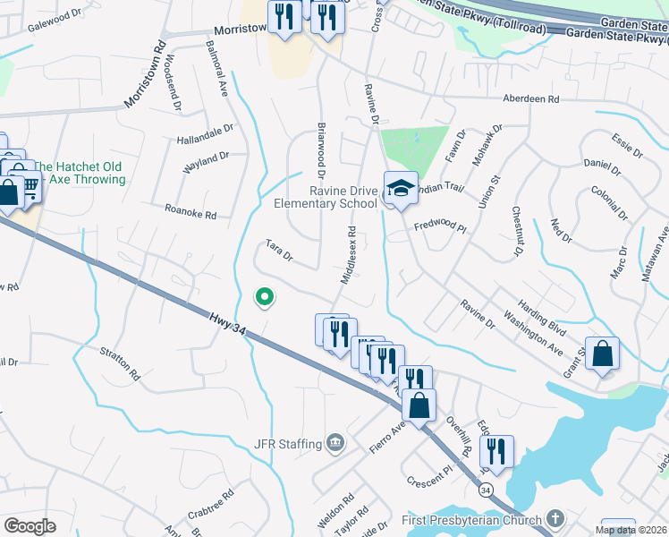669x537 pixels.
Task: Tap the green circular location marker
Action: pos(264,297)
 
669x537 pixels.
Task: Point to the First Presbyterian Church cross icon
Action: pos(555,519)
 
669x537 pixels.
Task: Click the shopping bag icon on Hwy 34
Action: pos(419,405)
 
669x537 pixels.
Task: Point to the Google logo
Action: pos(30,526)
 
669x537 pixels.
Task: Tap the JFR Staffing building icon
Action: pos(335,441)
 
